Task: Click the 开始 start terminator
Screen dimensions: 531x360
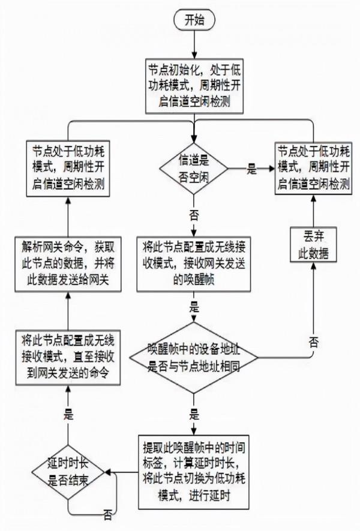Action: coord(194,20)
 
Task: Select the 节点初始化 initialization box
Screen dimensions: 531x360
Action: coord(194,85)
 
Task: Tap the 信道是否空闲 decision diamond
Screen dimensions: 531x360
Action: coord(194,166)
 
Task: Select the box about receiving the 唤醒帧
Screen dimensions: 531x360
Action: coord(194,263)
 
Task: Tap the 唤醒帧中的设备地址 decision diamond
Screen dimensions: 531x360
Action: coord(194,359)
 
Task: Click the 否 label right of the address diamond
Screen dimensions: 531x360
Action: coord(313,342)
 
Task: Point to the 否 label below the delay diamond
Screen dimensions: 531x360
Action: coord(107,515)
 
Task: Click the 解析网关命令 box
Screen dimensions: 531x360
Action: coord(68,263)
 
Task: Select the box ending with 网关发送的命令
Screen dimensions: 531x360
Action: coord(68,359)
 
